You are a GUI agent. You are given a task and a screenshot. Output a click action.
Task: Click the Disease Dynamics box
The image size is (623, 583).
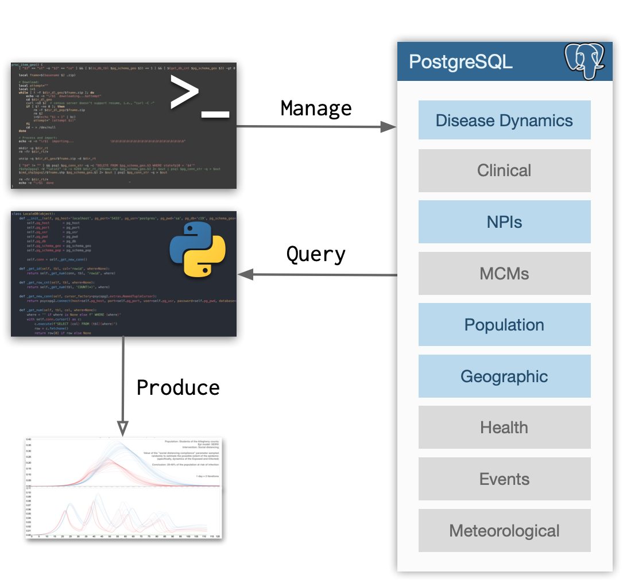point(504,120)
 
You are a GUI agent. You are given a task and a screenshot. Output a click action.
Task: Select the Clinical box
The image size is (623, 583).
point(504,170)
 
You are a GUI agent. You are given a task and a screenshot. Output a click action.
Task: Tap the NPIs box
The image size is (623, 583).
point(504,221)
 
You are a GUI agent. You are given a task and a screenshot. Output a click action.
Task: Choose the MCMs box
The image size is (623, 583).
point(504,273)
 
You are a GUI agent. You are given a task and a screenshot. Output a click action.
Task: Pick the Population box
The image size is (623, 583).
point(504,325)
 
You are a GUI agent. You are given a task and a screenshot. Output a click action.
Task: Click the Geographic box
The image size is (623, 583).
point(504,376)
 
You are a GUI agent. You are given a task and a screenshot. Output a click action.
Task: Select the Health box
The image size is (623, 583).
point(504,427)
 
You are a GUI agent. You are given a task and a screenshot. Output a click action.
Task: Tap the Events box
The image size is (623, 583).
point(504,479)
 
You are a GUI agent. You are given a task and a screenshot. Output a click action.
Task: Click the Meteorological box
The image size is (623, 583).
point(504,531)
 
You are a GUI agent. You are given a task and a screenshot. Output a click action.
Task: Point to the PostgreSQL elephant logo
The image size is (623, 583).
point(584,60)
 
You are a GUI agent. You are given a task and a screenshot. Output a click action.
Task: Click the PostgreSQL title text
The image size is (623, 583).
point(461,61)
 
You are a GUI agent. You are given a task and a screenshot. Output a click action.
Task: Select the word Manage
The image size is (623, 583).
point(316,108)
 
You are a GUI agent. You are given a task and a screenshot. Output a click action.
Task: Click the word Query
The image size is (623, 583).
point(316,254)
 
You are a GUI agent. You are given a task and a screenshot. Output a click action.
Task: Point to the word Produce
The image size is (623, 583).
point(178,387)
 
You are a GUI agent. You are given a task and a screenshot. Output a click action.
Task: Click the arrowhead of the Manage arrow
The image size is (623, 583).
point(390,127)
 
